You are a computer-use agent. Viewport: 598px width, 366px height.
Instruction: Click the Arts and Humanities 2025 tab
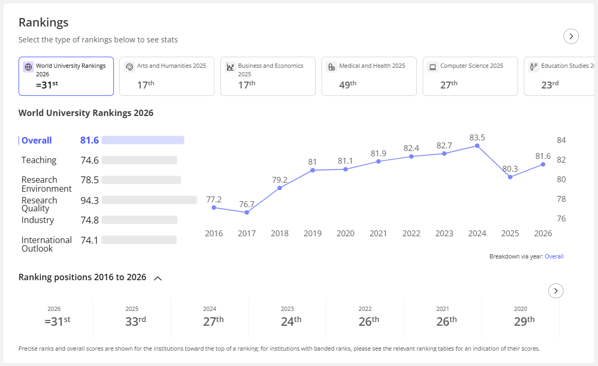pyautogui.click(x=167, y=76)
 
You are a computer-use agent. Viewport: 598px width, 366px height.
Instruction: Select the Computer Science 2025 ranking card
pyautogui.click(x=470, y=76)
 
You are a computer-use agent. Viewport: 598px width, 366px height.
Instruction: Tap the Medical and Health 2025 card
pyautogui.click(x=369, y=76)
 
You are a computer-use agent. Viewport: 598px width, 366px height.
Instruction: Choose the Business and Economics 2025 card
pyautogui.click(x=267, y=76)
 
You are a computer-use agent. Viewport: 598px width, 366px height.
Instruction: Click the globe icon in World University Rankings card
pyautogui.click(x=28, y=67)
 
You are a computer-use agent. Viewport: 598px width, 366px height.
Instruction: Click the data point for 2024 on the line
pyautogui.click(x=477, y=146)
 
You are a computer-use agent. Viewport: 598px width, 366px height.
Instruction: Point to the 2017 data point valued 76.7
pyautogui.click(x=247, y=212)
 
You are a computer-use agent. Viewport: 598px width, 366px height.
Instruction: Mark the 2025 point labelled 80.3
pyautogui.click(x=510, y=177)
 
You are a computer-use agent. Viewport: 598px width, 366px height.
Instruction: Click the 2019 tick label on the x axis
pyautogui.click(x=313, y=234)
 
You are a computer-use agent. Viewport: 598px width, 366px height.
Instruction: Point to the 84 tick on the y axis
pyautogui.click(x=561, y=140)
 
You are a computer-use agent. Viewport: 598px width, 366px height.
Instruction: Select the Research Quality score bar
pyautogui.click(x=149, y=200)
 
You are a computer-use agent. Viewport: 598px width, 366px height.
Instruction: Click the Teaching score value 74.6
pyautogui.click(x=90, y=160)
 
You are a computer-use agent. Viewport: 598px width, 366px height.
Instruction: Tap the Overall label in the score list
pyautogui.click(x=37, y=140)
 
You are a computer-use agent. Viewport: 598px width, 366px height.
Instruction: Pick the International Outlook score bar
pyautogui.click(x=139, y=239)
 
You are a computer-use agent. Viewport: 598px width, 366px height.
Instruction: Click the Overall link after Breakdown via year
pyautogui.click(x=554, y=256)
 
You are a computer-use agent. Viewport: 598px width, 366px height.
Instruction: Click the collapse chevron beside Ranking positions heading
pyautogui.click(x=157, y=278)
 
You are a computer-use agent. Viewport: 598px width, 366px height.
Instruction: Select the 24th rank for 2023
pyautogui.click(x=291, y=321)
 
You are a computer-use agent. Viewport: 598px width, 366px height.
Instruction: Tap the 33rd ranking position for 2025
pyautogui.click(x=136, y=321)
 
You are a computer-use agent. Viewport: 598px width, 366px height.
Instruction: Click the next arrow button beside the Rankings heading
pyautogui.click(x=571, y=36)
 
